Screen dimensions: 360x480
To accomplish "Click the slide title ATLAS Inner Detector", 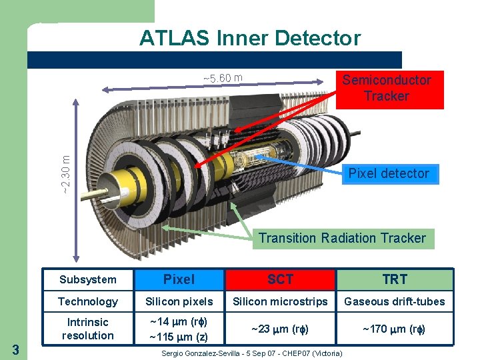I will point(250,38).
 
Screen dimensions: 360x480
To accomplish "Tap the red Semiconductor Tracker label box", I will point(387,89).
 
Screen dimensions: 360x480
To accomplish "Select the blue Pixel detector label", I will point(389,173).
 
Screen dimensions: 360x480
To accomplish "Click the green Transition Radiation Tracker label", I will point(342,238).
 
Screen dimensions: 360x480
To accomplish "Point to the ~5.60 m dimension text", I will point(222,79).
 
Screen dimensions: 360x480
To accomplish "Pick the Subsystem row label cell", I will point(87,279).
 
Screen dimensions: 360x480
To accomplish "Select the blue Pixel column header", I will point(179,279).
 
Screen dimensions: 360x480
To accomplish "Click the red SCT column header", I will point(280,279).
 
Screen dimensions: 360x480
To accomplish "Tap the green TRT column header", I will point(395,279).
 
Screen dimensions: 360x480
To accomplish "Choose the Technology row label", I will point(87,301).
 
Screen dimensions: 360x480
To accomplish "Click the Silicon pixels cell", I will point(179,301).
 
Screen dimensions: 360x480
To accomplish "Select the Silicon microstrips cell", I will point(280,301).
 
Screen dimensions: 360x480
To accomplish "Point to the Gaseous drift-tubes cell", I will point(395,301).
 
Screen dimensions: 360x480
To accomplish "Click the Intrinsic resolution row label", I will point(87,329).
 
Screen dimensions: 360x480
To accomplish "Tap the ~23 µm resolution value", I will point(280,329).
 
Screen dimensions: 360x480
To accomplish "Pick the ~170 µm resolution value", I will point(395,329).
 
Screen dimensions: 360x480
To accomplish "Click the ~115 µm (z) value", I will point(179,337).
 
